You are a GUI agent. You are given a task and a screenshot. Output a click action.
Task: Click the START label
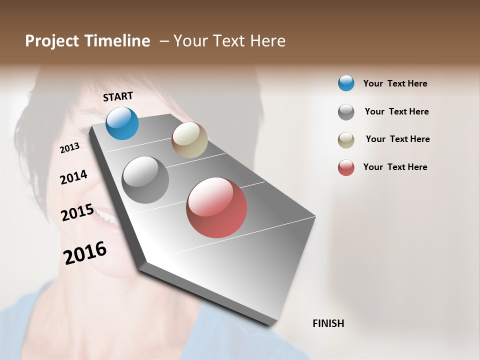118,96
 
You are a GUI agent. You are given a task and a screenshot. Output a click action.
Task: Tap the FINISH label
328,323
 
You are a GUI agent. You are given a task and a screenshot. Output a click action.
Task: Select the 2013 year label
70,147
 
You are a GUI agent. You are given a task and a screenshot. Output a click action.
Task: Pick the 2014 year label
73,177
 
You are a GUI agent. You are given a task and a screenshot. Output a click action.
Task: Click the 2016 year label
85,252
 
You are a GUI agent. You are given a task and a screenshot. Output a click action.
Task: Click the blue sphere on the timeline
122,123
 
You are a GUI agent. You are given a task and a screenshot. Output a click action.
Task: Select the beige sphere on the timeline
189,140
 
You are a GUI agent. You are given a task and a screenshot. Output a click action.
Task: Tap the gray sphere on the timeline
145,179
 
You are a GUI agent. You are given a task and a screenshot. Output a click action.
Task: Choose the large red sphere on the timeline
216,207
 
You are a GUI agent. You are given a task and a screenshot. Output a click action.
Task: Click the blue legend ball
346,83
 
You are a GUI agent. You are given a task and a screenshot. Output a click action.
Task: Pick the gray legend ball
346,112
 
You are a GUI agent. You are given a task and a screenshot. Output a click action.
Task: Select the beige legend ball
346,140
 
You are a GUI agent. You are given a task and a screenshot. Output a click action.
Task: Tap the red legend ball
346,167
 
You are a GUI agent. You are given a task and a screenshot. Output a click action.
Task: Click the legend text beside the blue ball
395,83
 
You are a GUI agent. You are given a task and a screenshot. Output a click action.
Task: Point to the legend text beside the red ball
395,167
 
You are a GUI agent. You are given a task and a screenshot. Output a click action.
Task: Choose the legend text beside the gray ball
396,111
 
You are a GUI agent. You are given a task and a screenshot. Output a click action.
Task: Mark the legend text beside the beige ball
397,139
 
